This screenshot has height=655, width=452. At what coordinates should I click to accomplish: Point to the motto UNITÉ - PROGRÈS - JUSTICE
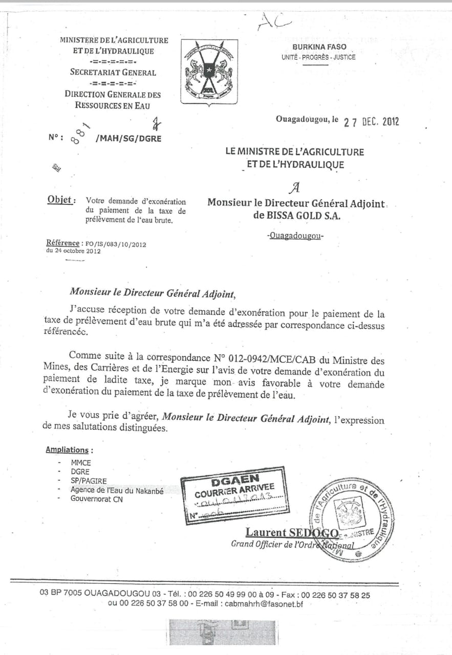(318, 57)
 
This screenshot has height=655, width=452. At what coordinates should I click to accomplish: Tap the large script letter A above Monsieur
(293, 188)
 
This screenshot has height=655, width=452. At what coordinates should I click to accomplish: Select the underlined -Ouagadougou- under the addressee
(296, 236)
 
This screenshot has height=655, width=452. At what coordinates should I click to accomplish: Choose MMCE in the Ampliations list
(81, 463)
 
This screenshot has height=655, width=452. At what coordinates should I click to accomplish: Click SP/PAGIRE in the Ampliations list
(89, 481)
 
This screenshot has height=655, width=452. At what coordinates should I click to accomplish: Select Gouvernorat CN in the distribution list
(97, 498)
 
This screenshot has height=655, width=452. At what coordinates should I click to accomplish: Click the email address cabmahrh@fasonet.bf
(262, 604)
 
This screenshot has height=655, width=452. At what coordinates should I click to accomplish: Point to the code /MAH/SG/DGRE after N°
(128, 138)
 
